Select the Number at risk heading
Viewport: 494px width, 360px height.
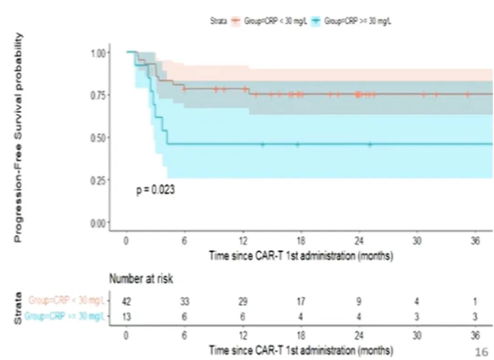click(x=141, y=279)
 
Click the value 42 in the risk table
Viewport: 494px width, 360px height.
click(x=126, y=301)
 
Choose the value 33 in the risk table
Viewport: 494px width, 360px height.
click(x=184, y=301)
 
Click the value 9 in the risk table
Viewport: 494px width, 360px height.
click(x=359, y=301)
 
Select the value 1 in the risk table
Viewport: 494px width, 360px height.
click(x=475, y=301)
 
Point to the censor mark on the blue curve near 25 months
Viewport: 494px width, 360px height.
click(x=370, y=144)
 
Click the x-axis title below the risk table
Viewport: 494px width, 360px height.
click(x=301, y=351)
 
